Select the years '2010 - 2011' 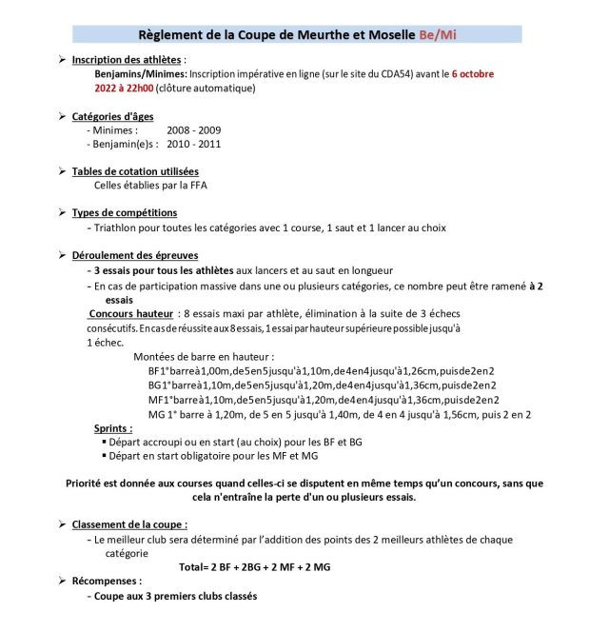coord(194,144)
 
